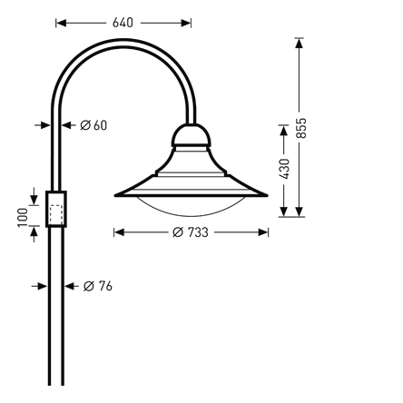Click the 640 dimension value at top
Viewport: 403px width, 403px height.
pyautogui.click(x=123, y=20)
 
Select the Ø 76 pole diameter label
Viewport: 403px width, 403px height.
pyautogui.click(x=97, y=286)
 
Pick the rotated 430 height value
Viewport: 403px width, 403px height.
pyautogui.click(x=285, y=169)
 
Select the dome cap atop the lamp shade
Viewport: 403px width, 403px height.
pyautogui.click(x=192, y=137)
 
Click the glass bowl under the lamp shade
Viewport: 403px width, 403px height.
pyautogui.click(x=192, y=205)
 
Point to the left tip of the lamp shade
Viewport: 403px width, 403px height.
pyautogui.click(x=116, y=194)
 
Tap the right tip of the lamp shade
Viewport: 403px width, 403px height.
pyautogui.click(x=267, y=193)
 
